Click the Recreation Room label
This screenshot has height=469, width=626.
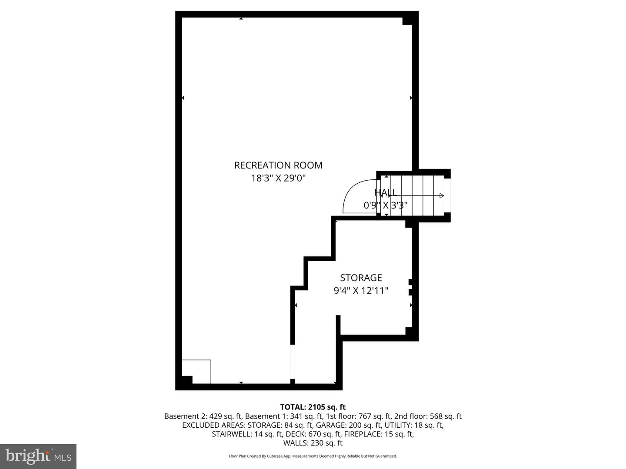tap(278, 165)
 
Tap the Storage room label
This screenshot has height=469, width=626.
tap(361, 278)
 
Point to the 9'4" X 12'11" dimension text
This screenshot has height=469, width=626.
tap(361, 291)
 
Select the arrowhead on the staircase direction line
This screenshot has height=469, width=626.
tap(442, 195)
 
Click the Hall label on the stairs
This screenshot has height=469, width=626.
tap(386, 192)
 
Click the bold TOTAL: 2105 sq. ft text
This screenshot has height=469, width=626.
tap(313, 407)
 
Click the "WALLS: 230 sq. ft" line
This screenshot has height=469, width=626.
tap(313, 443)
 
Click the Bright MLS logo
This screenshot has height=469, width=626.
tap(38, 456)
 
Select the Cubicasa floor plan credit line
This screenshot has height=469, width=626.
tap(313, 456)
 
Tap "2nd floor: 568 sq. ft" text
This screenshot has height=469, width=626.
tap(428, 416)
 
